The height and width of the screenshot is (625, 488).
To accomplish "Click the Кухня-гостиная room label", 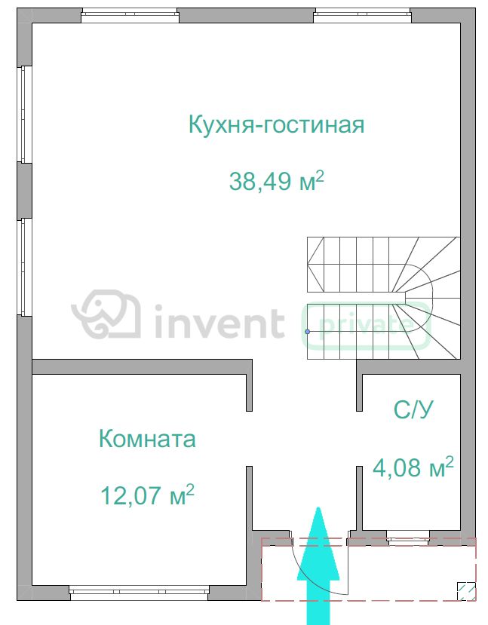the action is (x=276, y=124).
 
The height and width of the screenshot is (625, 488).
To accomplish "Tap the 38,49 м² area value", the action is (x=277, y=181).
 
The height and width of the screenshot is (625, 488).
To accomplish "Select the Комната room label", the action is (x=147, y=439).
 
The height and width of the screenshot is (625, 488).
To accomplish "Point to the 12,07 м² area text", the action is (x=147, y=495).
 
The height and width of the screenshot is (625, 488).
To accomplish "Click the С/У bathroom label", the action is (x=413, y=409).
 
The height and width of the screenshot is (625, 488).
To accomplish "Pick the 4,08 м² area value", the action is (x=413, y=467).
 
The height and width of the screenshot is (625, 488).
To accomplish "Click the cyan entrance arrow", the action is (x=318, y=566).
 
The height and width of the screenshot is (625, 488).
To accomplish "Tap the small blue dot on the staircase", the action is (x=308, y=332).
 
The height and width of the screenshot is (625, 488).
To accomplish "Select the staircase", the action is (x=384, y=298).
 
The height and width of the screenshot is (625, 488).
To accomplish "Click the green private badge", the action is (x=367, y=326).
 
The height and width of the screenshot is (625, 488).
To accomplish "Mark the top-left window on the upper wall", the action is (x=130, y=17).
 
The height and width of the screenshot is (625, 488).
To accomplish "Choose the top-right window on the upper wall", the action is (x=362, y=17).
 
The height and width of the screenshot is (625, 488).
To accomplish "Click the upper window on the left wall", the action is (x=25, y=115).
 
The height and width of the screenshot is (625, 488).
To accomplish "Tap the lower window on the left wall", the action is (x=25, y=267).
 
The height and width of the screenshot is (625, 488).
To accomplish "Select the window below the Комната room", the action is (x=139, y=593).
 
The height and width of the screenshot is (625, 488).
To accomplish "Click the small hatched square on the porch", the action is (x=466, y=591).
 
